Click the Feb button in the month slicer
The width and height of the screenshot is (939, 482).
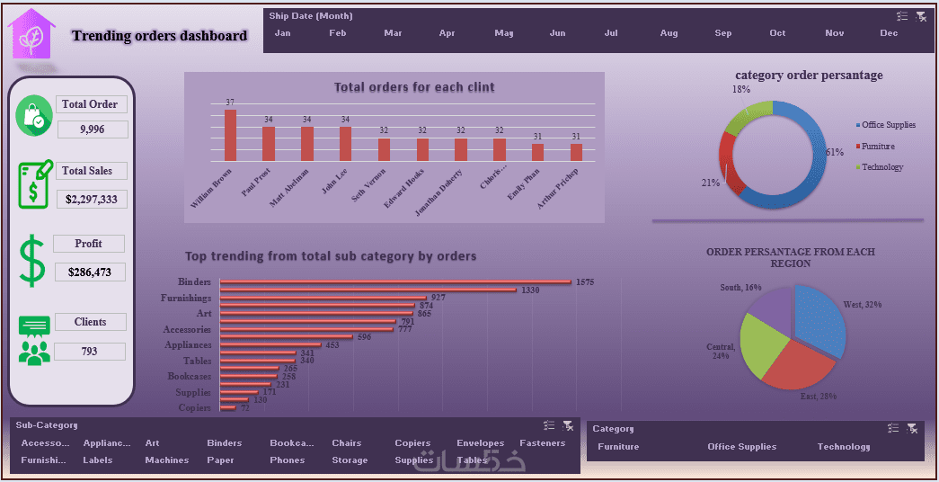(x=338, y=33)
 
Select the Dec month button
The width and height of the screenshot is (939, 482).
(x=889, y=33)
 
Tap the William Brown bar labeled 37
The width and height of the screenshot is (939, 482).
(x=230, y=135)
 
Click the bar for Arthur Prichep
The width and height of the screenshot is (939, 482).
(x=576, y=152)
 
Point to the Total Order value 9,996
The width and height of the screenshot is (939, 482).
(x=93, y=129)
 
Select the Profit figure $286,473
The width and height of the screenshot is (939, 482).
(x=89, y=272)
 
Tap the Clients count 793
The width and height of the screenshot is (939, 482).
(x=89, y=351)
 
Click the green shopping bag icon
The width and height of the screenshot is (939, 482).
(x=34, y=116)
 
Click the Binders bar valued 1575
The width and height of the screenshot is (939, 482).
(x=395, y=282)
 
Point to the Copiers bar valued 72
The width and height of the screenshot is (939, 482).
(x=228, y=407)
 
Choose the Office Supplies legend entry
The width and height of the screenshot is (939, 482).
(x=888, y=125)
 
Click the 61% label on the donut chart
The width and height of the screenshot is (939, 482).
(x=835, y=152)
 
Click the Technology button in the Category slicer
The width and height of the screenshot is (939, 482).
(x=843, y=447)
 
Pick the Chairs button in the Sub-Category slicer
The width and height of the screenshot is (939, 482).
(x=346, y=443)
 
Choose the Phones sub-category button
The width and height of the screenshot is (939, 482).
(x=287, y=460)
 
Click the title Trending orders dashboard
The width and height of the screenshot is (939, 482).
(x=159, y=36)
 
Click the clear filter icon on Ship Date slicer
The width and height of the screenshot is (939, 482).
(x=921, y=16)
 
